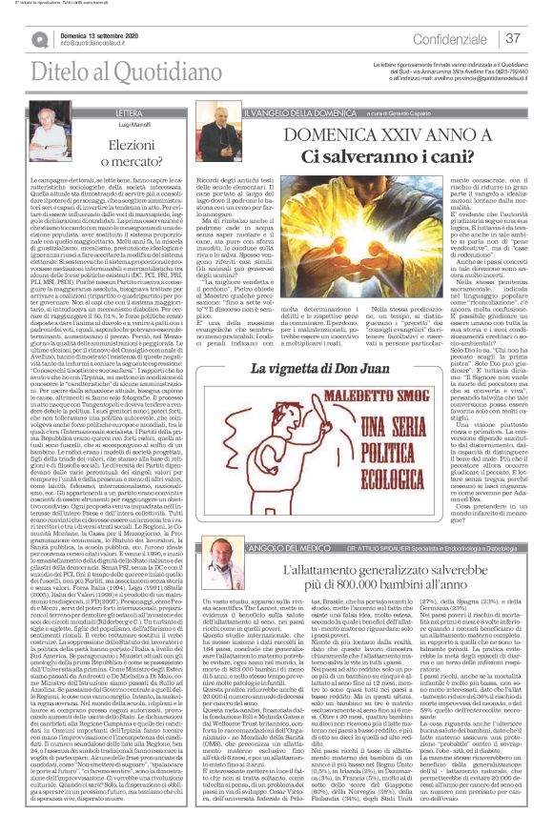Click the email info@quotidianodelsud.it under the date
coord(104,44)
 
